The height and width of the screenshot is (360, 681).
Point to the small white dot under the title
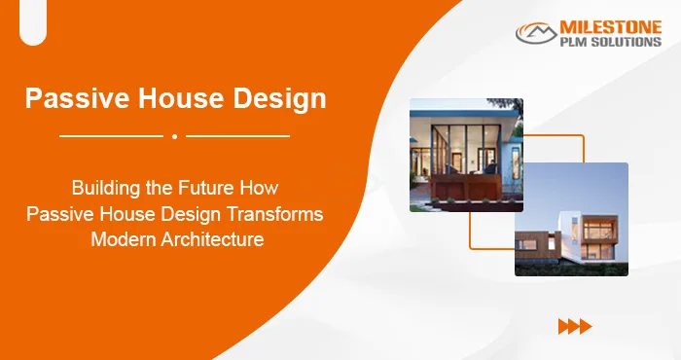coord(174,136)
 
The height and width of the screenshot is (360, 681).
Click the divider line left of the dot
coord(111,136)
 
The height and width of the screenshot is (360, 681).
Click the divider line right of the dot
coord(237,136)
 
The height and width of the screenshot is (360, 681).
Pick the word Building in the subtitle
coord(105,186)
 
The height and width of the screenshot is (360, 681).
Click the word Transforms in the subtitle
coord(276,212)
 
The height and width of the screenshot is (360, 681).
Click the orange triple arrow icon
coord(575,326)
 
